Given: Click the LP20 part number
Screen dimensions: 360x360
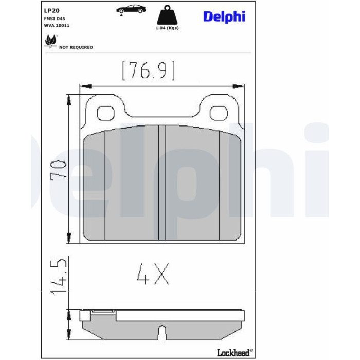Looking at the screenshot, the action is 51,11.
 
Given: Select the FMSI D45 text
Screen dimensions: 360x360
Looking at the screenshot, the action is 55,19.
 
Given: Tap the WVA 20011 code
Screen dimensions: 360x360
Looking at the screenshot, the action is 57,26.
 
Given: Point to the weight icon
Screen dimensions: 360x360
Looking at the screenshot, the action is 167,14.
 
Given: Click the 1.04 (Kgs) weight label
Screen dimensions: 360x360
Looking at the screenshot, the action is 167,28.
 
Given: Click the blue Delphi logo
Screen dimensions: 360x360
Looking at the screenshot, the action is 224,16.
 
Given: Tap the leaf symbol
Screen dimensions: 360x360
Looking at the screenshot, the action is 50,41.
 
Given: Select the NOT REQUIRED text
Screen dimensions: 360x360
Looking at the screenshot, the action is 76,47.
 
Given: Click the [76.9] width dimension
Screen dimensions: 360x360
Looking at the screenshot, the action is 149,70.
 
